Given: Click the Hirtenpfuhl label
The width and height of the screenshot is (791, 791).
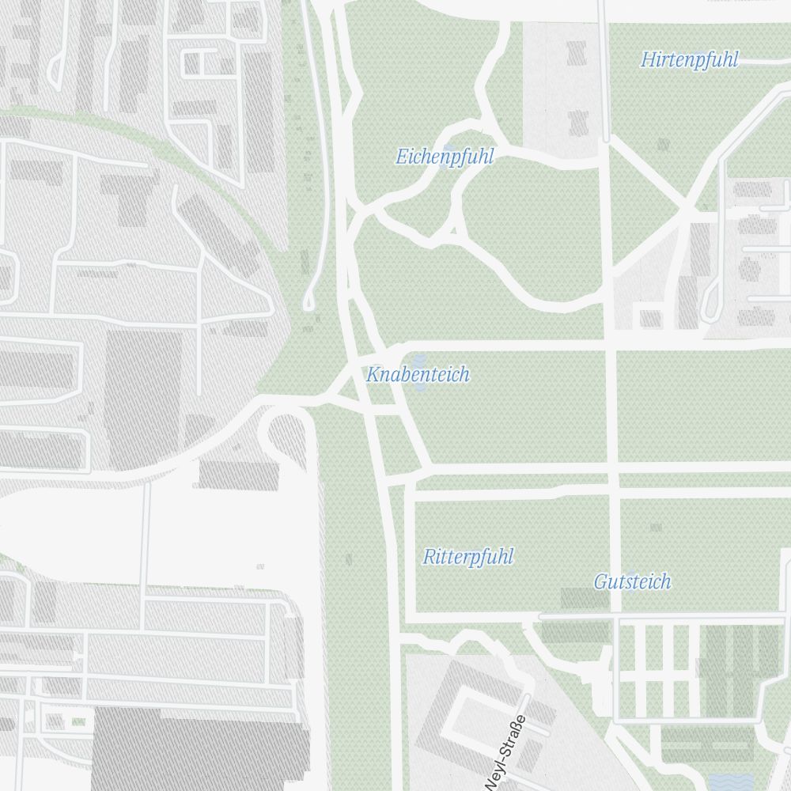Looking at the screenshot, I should point(689,59).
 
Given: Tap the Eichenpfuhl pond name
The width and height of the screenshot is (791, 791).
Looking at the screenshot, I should point(445,157).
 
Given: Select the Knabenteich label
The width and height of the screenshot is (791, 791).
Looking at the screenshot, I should point(418,374).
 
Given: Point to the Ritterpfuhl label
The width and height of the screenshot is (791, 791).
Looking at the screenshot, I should point(468,557).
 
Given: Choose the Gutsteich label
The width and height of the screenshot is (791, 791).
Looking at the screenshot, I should point(632,581).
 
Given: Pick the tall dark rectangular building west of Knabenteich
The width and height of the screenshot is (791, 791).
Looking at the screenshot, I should point(143,399).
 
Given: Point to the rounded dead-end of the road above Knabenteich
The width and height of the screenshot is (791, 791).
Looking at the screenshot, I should point(309,302).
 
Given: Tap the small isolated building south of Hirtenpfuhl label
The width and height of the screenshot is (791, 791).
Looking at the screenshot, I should point(663,145).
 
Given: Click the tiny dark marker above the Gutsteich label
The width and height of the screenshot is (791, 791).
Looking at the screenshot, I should point(655,526).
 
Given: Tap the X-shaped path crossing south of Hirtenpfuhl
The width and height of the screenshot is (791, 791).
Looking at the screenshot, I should point(684,209).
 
